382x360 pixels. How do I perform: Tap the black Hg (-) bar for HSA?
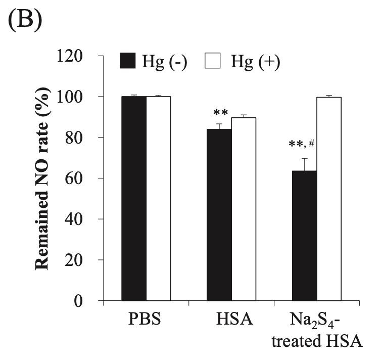point(219,215)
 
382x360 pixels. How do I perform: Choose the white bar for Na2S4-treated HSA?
point(329,199)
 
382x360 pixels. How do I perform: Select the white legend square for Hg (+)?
point(213,61)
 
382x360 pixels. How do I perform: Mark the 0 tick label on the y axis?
point(90,301)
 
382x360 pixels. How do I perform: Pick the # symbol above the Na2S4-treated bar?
point(312,144)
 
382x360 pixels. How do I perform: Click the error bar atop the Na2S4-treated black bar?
point(305,164)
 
